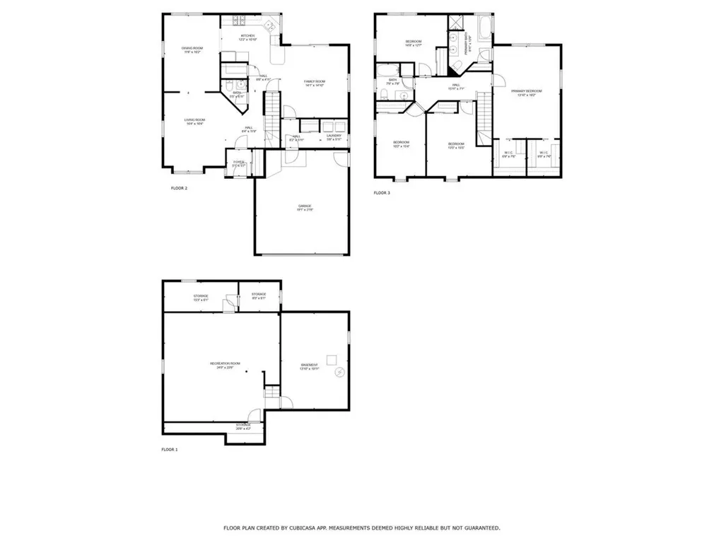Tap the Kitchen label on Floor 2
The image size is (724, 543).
(x=247, y=37)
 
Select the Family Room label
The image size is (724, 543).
(x=315, y=83)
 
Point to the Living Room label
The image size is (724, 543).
(x=194, y=122)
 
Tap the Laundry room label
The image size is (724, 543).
(x=334, y=137)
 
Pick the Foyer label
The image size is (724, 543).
(x=239, y=163)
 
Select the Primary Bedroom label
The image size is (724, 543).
(x=527, y=93)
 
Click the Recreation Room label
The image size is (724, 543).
(x=225, y=366)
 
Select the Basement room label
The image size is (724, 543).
(x=310, y=366)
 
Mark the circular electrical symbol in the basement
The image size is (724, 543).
(x=339, y=373)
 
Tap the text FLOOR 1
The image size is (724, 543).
(x=170, y=450)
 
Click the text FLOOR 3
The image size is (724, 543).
(x=382, y=192)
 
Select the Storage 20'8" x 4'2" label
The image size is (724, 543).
(x=243, y=426)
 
